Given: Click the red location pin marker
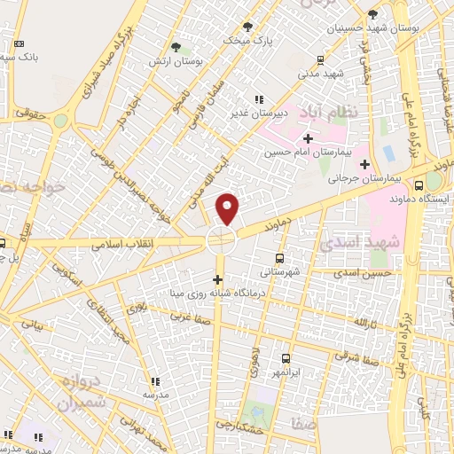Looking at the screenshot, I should [x=228, y=208].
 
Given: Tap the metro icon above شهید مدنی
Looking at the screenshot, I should [x=319, y=60].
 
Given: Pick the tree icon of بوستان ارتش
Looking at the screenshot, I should [x=176, y=47].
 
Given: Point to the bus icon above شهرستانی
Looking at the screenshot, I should [x=280, y=258].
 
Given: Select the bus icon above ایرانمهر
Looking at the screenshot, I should [x=286, y=358].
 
